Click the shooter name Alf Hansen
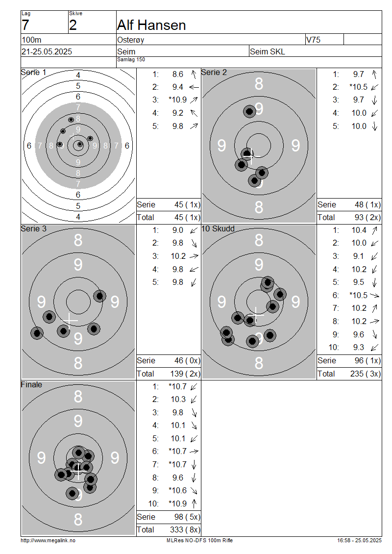[151, 25]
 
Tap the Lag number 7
[25, 25]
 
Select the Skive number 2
[73, 25]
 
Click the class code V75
[313, 40]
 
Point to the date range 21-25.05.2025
[47, 51]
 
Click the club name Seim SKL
[268, 51]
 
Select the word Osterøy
[131, 40]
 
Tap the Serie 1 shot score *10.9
[178, 100]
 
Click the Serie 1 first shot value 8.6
[178, 74]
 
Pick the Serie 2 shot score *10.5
[359, 87]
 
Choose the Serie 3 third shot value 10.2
[178, 256]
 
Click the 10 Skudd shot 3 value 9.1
[359, 256]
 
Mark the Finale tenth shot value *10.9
[178, 504]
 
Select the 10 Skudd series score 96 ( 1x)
[367, 360]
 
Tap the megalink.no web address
[48, 540]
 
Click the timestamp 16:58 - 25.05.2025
[359, 540]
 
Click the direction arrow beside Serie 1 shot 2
[194, 87]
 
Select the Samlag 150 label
[131, 59]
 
